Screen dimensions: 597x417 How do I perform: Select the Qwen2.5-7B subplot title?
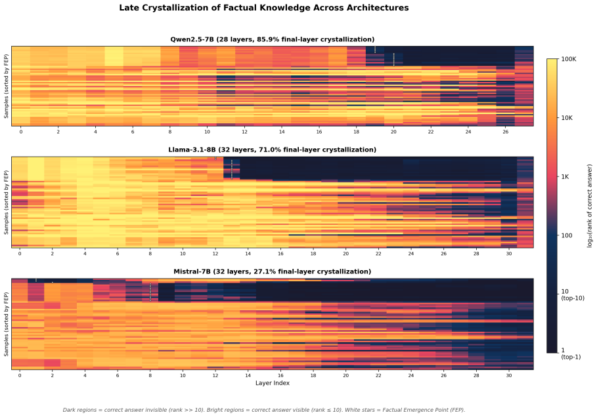click(272, 39)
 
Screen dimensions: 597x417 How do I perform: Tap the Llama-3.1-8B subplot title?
click(272, 149)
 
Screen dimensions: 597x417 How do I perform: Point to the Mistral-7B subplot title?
click(272, 271)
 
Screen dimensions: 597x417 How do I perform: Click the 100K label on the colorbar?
click(569, 59)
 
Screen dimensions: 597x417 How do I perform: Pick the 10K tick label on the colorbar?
click(567, 118)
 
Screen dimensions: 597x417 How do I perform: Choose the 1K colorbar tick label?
click(565, 177)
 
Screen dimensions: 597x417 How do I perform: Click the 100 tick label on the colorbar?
click(567, 235)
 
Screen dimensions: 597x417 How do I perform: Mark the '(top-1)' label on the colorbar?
click(571, 357)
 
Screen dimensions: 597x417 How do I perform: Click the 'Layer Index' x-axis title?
click(272, 383)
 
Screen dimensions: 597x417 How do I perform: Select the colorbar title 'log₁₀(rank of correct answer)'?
click(590, 206)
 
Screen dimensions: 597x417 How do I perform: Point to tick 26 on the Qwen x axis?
click(505, 132)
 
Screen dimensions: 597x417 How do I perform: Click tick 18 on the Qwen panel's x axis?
click(356, 132)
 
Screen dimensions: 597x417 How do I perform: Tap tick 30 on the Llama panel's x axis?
click(509, 254)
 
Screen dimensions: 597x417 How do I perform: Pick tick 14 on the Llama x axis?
click(248, 254)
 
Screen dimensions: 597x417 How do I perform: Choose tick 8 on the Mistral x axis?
click(150, 375)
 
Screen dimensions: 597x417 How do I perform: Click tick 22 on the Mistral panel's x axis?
click(378, 375)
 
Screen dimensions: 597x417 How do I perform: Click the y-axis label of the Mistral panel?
click(6, 324)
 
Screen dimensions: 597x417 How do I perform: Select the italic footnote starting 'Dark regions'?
click(264, 410)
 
